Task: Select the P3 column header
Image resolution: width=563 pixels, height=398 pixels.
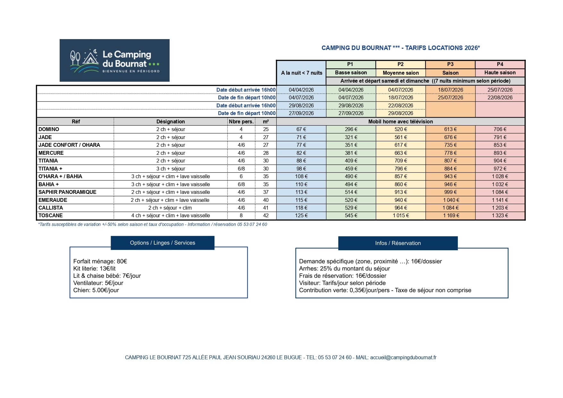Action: coord(450,64)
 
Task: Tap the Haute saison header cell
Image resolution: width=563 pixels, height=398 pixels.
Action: coord(500,73)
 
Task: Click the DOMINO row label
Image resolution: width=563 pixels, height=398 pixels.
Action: coord(49,129)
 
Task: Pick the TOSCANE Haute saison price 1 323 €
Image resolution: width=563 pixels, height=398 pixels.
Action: coord(500,215)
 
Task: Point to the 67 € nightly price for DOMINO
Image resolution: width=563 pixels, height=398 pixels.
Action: coord(301,129)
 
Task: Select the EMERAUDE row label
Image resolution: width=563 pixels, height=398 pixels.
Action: coord(53,200)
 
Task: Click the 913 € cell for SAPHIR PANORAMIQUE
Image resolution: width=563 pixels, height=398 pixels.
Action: coord(400,192)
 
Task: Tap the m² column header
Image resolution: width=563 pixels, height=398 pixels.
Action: coord(266,121)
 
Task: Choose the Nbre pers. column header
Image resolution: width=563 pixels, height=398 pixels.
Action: coord(241,121)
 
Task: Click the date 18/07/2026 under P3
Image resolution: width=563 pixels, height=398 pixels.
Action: coord(450,90)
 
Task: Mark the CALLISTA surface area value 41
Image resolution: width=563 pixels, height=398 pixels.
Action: coord(266,208)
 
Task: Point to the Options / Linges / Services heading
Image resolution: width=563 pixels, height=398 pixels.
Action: coord(163,243)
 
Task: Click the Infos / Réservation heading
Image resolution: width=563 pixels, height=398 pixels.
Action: coord(398,243)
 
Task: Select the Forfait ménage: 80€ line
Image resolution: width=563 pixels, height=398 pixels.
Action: coord(100,261)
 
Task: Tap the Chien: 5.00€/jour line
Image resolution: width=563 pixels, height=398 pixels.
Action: coord(96,290)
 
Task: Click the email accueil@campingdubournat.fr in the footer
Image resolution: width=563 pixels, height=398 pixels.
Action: coord(403,357)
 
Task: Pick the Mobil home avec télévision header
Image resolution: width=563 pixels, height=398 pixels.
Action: coord(400,121)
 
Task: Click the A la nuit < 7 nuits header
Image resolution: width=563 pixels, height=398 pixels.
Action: coord(301,73)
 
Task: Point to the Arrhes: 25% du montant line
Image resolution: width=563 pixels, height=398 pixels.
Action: coord(344,269)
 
